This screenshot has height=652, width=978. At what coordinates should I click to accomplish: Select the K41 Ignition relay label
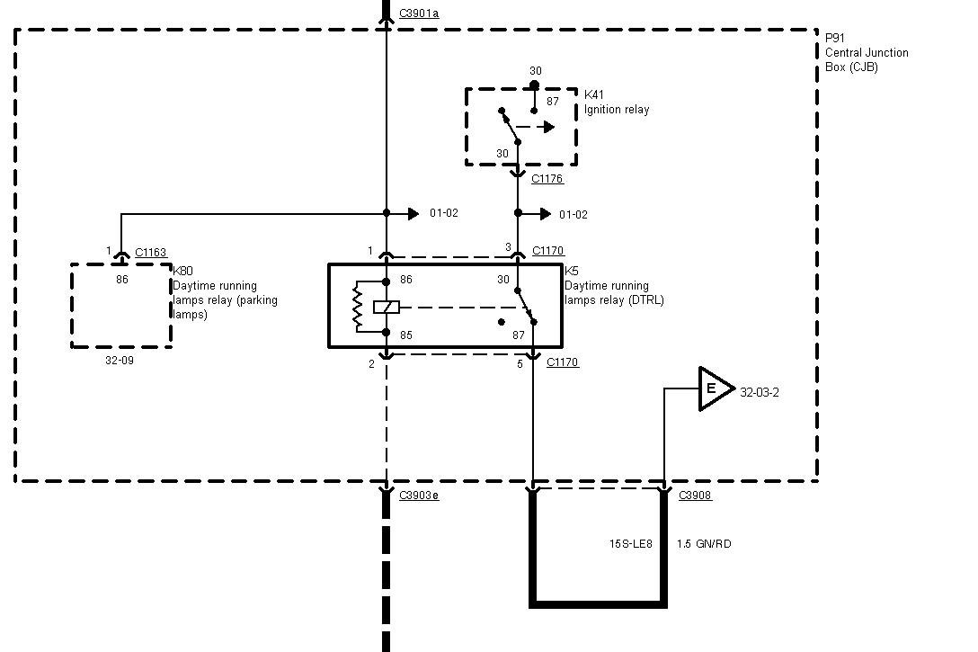[616, 102]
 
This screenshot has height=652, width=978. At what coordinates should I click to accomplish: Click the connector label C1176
[547, 179]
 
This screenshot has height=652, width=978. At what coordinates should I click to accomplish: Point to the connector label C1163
[150, 254]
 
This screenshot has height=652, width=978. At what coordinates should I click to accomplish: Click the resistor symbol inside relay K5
[358, 306]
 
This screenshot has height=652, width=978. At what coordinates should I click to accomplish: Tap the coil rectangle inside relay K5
[386, 307]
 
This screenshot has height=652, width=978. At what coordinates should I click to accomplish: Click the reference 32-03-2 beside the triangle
[759, 392]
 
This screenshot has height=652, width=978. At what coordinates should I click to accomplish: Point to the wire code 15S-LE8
[630, 544]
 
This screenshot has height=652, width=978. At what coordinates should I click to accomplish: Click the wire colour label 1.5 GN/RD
[703, 544]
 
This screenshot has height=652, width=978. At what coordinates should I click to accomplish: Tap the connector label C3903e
[420, 496]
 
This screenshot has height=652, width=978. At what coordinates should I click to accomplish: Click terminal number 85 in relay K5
[406, 335]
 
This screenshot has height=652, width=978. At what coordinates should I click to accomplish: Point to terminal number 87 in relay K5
[518, 335]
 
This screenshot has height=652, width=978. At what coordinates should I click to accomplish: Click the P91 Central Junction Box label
[853, 52]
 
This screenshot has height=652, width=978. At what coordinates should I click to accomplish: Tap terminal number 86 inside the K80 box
[122, 280]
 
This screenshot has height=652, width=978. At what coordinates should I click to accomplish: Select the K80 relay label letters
[182, 271]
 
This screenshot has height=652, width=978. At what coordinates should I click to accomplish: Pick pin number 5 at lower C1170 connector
[520, 364]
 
